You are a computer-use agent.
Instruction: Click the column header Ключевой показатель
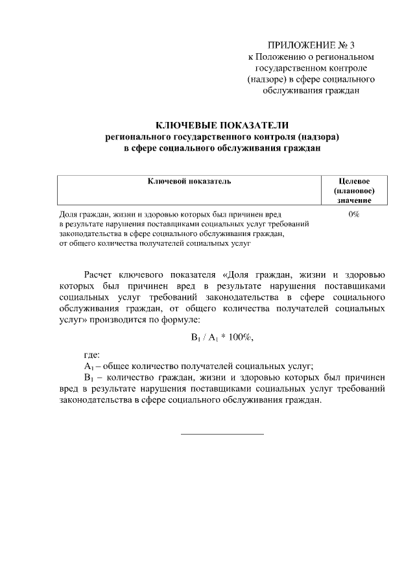pos(189,181)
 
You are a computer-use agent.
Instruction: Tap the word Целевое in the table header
pos(354,181)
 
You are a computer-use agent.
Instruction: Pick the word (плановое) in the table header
pos(354,191)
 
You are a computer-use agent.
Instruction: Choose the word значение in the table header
pos(354,202)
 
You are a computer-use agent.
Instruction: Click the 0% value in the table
pos(354,213)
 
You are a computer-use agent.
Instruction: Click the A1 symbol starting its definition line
pos(90,366)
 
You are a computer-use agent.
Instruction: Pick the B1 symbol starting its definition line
pos(90,377)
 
